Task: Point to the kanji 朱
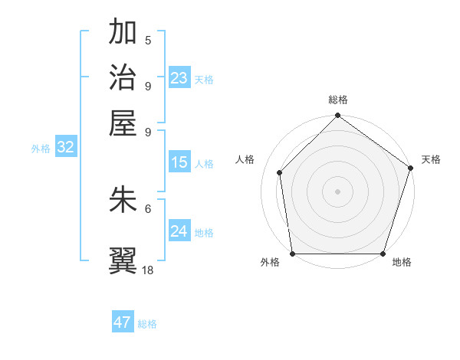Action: tap(123, 199)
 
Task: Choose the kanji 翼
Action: tap(123, 260)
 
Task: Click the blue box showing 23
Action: tap(179, 78)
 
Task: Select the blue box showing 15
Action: tap(179, 162)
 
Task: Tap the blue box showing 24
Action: tap(179, 231)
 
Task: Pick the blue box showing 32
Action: tap(65, 148)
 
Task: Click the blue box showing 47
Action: tap(123, 322)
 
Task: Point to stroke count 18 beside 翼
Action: tap(148, 270)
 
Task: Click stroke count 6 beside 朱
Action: tap(148, 208)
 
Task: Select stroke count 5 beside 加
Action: tap(148, 41)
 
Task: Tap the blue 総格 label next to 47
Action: tap(147, 324)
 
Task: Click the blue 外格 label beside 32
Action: tap(41, 149)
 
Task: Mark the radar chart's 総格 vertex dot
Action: tap(337, 116)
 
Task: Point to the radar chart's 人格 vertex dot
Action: tap(280, 172)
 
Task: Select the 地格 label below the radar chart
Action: tap(402, 262)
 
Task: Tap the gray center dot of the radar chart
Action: tap(337, 191)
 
